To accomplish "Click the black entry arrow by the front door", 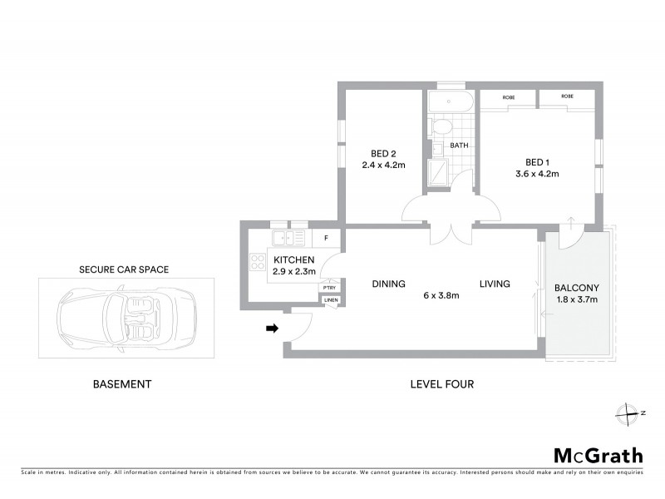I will pyautogui.click(x=271, y=329).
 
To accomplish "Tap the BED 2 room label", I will pyautogui.click(x=382, y=153).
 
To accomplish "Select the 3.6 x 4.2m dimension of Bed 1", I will pyautogui.click(x=536, y=174).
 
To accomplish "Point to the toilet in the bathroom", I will pyautogui.click(x=441, y=128).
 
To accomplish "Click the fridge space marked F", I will pyautogui.click(x=326, y=239).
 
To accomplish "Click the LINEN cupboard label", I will pyautogui.click(x=330, y=300).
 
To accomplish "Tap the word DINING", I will pyautogui.click(x=388, y=284).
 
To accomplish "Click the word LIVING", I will pyautogui.click(x=495, y=284).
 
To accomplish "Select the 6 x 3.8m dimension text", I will pyautogui.click(x=441, y=296).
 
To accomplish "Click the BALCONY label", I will pyautogui.click(x=577, y=289).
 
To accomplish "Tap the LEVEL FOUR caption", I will pyautogui.click(x=441, y=384).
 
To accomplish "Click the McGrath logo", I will pyautogui.click(x=598, y=455).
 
